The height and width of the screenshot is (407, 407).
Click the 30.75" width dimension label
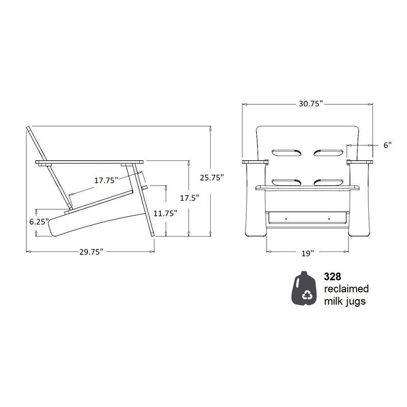[x=310, y=104]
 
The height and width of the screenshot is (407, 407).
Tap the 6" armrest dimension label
[x=387, y=145]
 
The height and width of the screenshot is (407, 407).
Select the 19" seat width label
[x=308, y=253]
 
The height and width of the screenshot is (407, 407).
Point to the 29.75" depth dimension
[x=92, y=252]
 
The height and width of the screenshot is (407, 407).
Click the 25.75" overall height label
[x=212, y=178]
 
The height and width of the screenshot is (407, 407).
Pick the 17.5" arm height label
[x=189, y=198]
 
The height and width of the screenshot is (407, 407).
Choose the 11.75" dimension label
[x=165, y=213]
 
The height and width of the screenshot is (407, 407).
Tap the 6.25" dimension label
[x=39, y=222]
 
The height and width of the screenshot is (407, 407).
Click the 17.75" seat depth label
[x=106, y=180]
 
